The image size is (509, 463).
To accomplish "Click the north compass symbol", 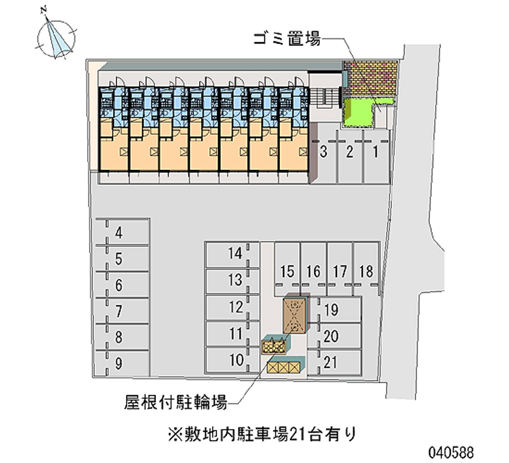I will click(x=56, y=36).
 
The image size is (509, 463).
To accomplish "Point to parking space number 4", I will click(x=119, y=234).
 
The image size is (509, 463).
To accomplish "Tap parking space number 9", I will click(x=119, y=364).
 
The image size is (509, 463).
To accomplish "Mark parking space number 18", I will click(x=365, y=272).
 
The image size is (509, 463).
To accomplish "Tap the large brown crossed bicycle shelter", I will click(x=295, y=315).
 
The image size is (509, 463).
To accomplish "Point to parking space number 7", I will click(x=119, y=311).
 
